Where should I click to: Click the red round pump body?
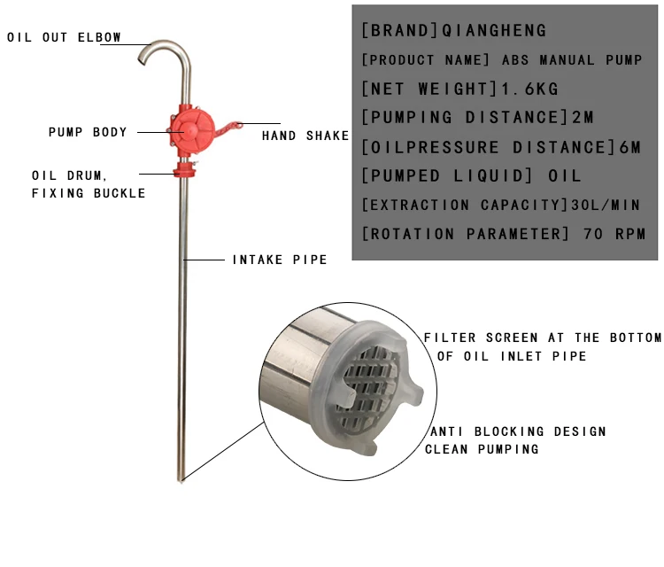click(x=189, y=130)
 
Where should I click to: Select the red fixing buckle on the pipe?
click(x=185, y=168)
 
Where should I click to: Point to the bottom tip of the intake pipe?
click(x=181, y=479)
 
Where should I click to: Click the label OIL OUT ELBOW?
click(x=64, y=38)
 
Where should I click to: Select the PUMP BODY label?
click(x=88, y=132)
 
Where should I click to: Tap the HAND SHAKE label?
click(x=305, y=136)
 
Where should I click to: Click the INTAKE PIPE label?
click(x=280, y=260)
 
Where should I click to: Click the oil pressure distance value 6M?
click(x=628, y=147)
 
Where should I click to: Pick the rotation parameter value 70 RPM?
click(x=614, y=234)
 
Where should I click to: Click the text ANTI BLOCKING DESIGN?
click(x=518, y=431)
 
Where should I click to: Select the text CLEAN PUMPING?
click(x=482, y=449)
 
